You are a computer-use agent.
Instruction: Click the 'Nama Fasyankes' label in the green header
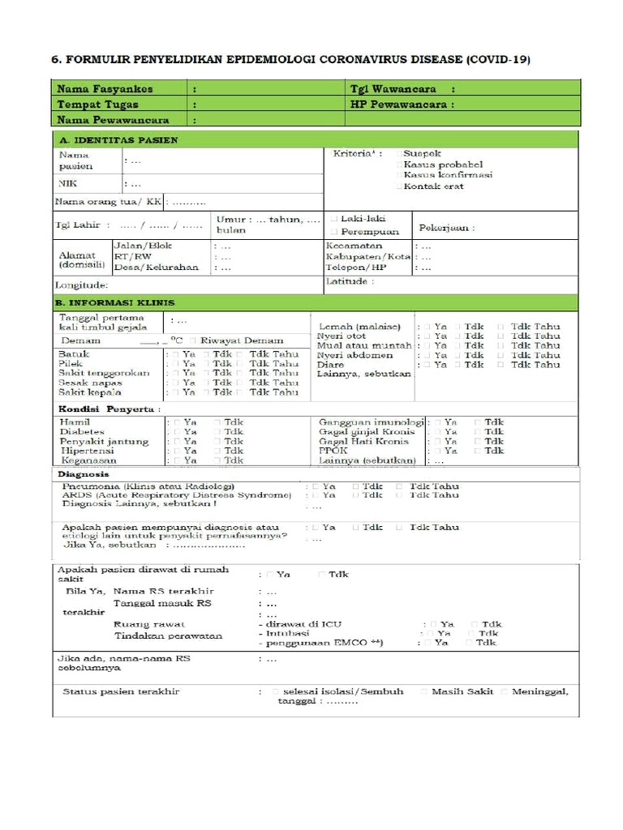click(x=105, y=88)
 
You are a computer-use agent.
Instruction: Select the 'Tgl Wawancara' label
click(x=394, y=88)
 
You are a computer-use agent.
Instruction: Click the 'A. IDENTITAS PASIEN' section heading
click(x=118, y=139)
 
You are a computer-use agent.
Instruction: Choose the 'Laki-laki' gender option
click(x=363, y=219)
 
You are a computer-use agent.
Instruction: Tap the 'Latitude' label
click(x=350, y=281)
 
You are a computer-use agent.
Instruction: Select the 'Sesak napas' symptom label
click(x=91, y=382)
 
